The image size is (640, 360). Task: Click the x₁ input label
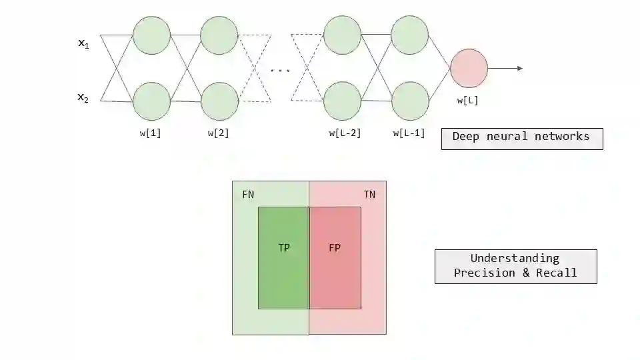83,44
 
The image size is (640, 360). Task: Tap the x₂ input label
83,98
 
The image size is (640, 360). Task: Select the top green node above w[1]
152,35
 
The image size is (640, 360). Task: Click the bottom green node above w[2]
219,101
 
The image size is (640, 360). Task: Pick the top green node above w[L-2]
342,35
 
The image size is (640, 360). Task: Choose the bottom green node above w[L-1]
409,101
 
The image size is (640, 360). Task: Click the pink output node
469,68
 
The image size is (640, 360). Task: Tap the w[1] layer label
150,133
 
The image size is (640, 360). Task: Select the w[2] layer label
218,133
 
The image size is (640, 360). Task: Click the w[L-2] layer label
345,133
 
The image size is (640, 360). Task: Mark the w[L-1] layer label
409,133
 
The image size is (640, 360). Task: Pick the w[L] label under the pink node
467,101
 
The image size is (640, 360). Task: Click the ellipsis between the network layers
280,70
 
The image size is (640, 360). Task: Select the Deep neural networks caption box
521,137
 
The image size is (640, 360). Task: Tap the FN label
248,195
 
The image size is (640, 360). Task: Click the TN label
369,195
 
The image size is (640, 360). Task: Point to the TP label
284,247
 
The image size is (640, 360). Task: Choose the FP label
335,247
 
